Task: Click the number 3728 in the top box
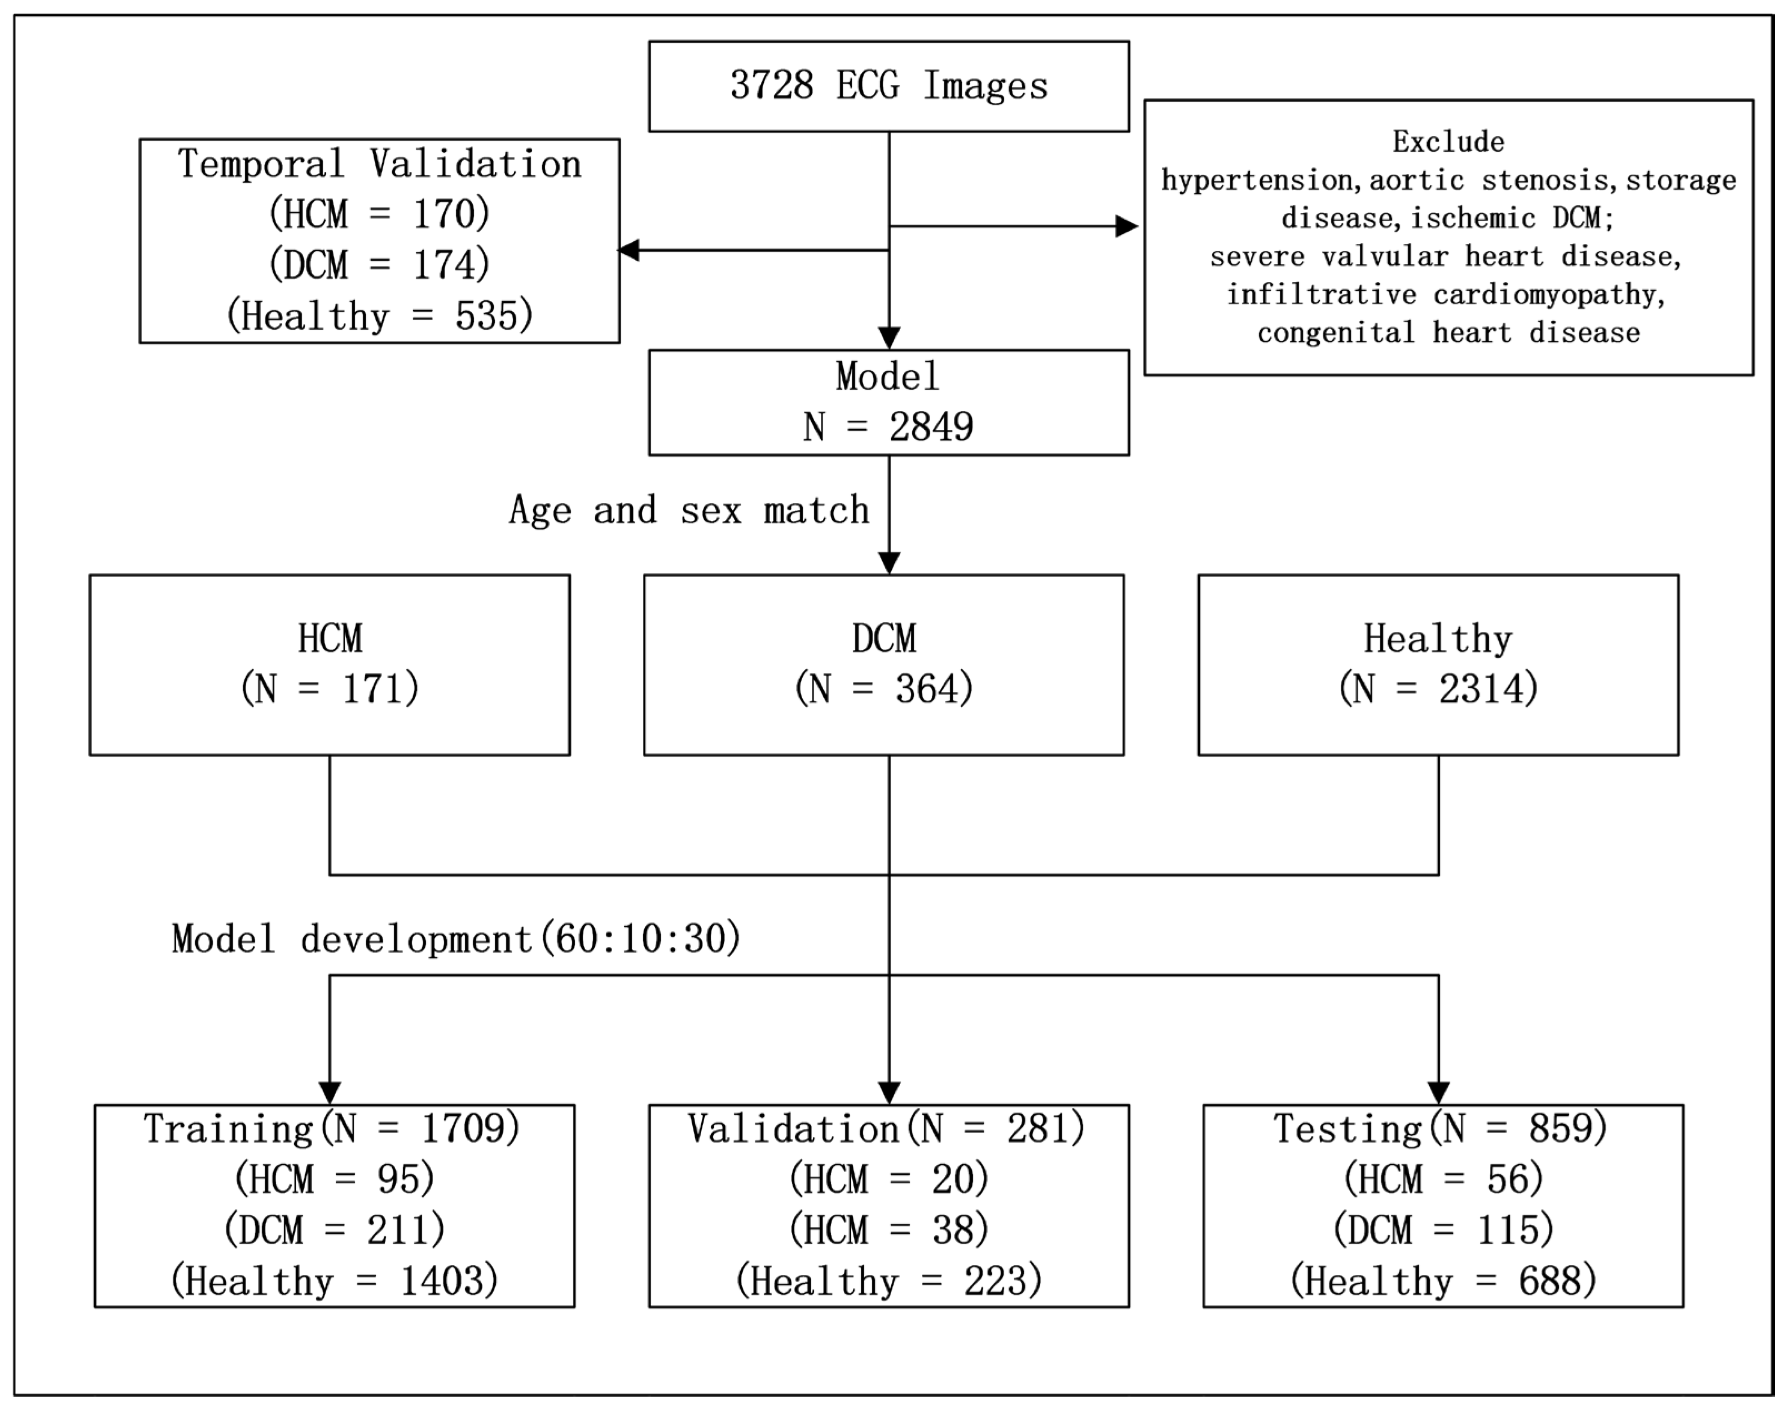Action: coord(771,86)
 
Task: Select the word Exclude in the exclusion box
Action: coord(1448,142)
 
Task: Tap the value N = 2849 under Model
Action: coord(888,427)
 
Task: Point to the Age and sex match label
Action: coord(689,510)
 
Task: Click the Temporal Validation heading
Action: coord(380,164)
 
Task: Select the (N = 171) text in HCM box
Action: coord(330,688)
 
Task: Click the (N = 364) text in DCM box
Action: coord(884,688)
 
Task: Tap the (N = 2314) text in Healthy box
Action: coord(1438,688)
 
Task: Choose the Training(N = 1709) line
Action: coord(332,1129)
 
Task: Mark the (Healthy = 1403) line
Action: coord(334,1281)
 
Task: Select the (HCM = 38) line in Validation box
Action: coord(888,1230)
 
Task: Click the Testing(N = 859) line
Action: coord(1441,1129)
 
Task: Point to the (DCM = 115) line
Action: coord(1443,1230)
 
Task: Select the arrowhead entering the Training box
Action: coord(330,1093)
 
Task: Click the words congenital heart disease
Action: coord(1448,332)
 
